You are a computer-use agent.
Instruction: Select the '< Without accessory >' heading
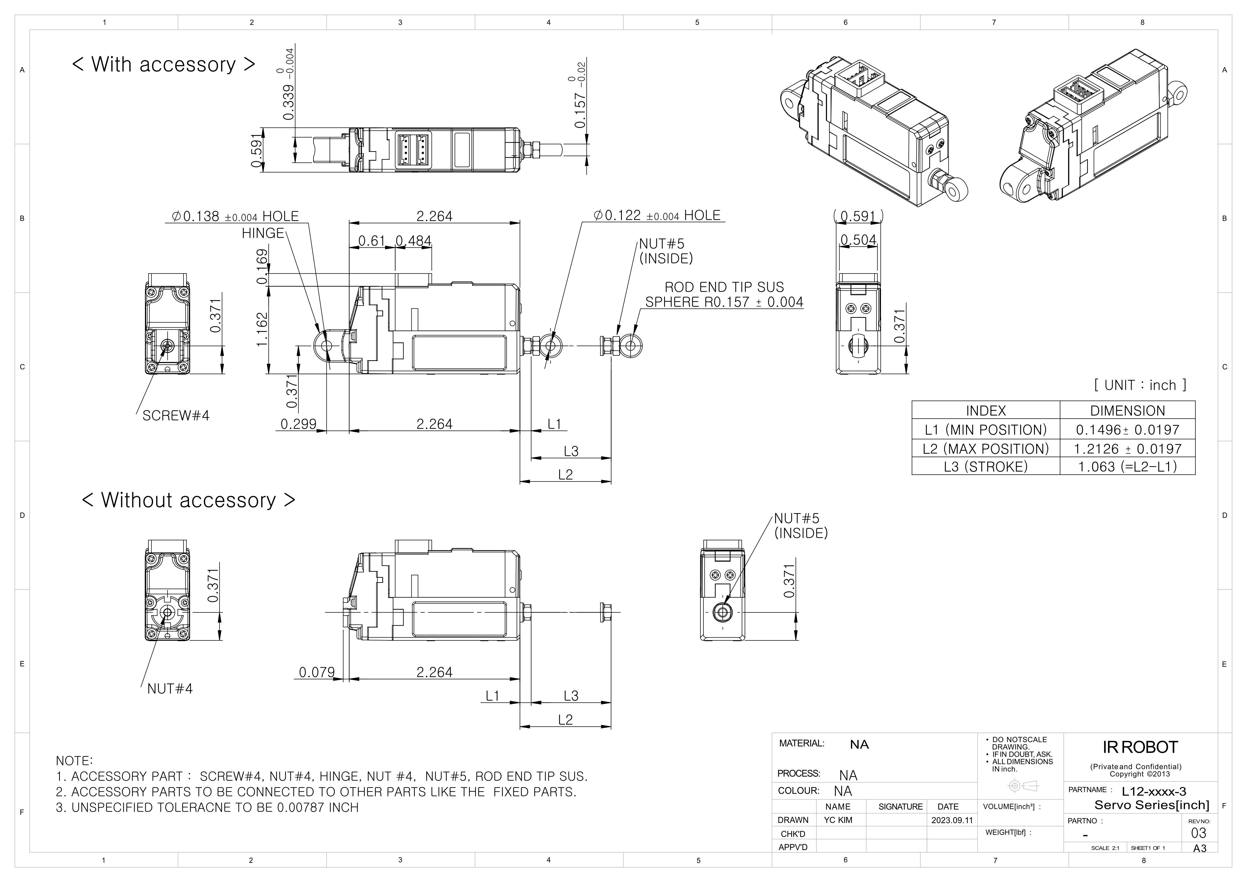(x=189, y=500)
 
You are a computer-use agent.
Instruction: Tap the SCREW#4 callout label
(x=175, y=416)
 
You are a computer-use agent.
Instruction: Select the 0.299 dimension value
(x=298, y=424)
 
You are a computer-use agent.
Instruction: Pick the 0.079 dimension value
(x=317, y=672)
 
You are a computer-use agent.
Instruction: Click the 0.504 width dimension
(x=858, y=240)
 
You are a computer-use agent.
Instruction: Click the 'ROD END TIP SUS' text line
(x=724, y=287)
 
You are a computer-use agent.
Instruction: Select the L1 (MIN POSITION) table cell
(x=985, y=430)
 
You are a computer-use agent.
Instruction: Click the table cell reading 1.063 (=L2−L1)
(x=1127, y=467)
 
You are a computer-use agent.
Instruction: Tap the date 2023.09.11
(x=952, y=820)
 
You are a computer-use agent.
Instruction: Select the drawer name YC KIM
(x=838, y=820)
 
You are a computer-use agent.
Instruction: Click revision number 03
(x=1198, y=833)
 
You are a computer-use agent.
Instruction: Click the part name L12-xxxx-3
(x=1153, y=792)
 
